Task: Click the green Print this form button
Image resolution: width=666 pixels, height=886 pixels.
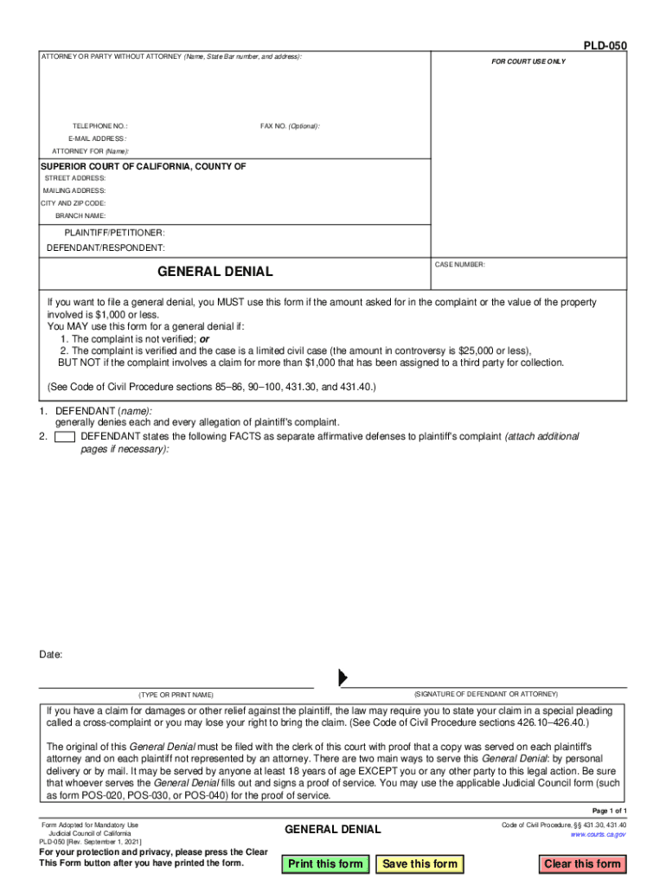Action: coord(325,864)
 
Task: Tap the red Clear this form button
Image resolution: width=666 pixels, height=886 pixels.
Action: coord(582,864)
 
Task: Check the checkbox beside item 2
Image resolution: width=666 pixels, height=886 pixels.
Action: coord(64,437)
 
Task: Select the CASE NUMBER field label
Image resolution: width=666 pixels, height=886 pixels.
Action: coord(460,265)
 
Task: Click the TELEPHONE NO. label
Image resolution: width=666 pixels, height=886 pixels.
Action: coord(99,126)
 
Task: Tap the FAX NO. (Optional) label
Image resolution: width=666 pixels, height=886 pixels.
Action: coord(290,126)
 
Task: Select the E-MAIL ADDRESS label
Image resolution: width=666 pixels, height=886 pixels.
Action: coord(97,138)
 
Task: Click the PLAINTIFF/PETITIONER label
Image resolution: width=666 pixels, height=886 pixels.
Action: coord(114,234)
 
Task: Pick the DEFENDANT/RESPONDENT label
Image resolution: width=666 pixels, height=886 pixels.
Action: coord(106,248)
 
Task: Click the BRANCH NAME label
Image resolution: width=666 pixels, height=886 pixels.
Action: coord(80,215)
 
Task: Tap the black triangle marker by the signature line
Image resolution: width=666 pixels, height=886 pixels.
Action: coord(343,677)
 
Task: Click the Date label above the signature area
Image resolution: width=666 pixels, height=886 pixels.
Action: coord(51,655)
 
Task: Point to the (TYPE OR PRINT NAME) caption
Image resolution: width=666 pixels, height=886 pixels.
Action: coord(176,696)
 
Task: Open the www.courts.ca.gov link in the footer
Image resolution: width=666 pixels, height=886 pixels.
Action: coord(598,834)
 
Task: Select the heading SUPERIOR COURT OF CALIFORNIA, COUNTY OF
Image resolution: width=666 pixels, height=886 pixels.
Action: coord(144,166)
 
